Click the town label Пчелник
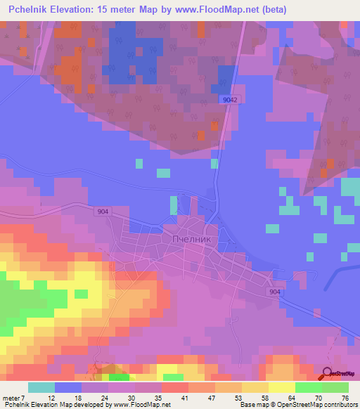pos(191,238)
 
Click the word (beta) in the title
pos(268,8)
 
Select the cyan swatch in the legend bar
pos(41,388)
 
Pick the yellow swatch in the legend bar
pos(281,388)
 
